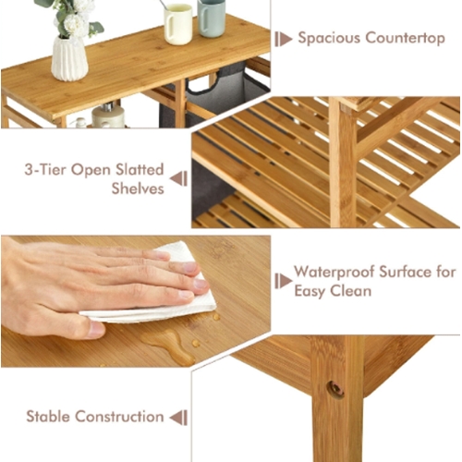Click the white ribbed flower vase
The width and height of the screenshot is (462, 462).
(x=69, y=58)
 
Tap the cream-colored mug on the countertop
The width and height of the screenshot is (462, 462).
(x=177, y=24)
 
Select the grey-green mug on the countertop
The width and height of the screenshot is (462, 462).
(x=212, y=18)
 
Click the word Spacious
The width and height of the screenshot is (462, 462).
(x=329, y=39)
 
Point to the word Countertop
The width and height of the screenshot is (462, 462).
(x=406, y=39)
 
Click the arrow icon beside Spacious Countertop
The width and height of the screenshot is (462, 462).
(x=284, y=39)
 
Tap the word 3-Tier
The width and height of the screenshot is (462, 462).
(x=45, y=170)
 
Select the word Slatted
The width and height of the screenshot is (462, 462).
(x=140, y=170)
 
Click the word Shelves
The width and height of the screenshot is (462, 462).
(x=138, y=188)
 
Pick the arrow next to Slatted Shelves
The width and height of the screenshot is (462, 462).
(x=178, y=179)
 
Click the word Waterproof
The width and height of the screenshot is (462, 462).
(x=334, y=273)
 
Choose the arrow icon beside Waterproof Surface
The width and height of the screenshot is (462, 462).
(x=284, y=281)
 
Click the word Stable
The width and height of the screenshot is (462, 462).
(x=48, y=417)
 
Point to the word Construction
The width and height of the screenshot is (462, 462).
(x=119, y=417)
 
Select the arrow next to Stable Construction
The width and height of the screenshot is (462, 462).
(x=178, y=418)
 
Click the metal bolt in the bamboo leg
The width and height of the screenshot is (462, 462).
(x=335, y=390)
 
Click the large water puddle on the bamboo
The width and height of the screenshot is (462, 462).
(x=168, y=346)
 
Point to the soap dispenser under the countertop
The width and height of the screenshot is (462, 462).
(x=108, y=115)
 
